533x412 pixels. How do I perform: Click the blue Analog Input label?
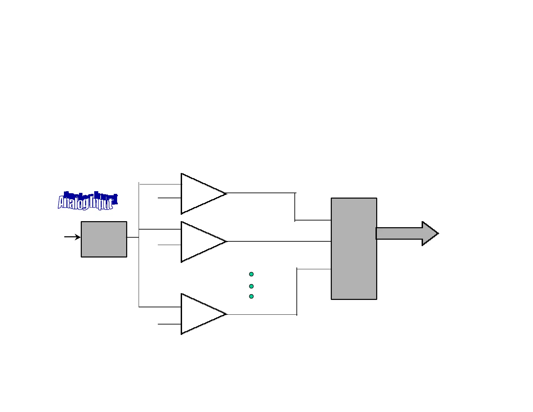(x=87, y=201)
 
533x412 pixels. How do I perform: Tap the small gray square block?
(x=104, y=239)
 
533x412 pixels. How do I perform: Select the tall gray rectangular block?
(x=354, y=248)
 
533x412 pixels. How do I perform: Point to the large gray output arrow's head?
(x=430, y=233)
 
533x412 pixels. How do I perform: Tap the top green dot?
(x=251, y=274)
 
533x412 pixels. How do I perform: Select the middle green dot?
(x=251, y=286)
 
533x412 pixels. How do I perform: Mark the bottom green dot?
(x=251, y=297)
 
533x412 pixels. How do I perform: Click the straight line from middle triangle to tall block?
(x=279, y=241)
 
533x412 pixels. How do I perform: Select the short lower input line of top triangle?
(x=170, y=198)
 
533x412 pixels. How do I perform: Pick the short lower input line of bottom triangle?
(x=170, y=324)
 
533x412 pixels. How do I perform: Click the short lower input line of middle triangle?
(x=170, y=245)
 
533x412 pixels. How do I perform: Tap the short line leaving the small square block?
(x=133, y=237)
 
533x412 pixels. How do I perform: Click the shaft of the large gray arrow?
(x=399, y=233)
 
